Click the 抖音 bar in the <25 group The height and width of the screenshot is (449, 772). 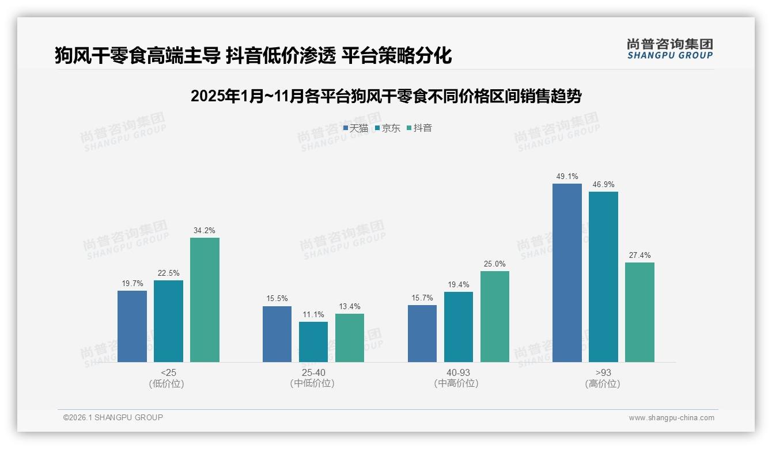tap(205, 300)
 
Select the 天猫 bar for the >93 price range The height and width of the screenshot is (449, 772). tap(567, 273)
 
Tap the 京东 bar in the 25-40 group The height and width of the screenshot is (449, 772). tap(313, 342)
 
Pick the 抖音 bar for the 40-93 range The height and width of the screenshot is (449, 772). tap(494, 317)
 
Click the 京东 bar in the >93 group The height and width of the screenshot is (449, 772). tap(603, 277)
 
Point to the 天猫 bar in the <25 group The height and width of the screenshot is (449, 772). tap(132, 326)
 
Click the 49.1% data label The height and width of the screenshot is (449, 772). tap(567, 177)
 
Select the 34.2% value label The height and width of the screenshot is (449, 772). tap(205, 231)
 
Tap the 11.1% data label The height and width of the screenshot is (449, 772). tap(313, 315)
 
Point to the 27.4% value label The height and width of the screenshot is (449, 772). tap(639, 256)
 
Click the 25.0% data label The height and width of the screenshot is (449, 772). tap(494, 264)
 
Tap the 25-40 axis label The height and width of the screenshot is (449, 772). tap(313, 373)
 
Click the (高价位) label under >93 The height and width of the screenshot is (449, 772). tap(603, 384)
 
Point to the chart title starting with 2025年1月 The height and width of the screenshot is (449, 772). tap(386, 96)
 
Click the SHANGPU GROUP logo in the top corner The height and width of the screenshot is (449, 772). tap(670, 49)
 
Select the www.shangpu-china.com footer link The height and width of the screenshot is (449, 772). tap(671, 418)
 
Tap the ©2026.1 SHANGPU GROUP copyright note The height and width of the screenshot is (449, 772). tap(113, 417)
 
